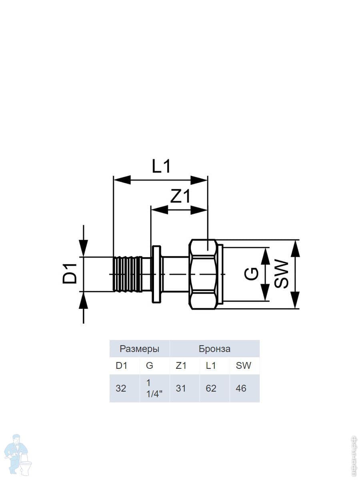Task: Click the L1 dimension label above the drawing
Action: click(x=161, y=166)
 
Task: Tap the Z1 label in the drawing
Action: click(x=180, y=196)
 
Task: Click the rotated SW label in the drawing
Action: click(x=281, y=274)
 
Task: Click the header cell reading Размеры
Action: click(x=140, y=349)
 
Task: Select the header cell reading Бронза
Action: click(x=214, y=349)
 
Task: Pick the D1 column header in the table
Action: click(x=122, y=366)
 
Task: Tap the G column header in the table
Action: click(x=150, y=366)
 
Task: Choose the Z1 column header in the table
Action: click(x=181, y=366)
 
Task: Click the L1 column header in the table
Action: click(x=211, y=366)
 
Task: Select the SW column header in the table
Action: click(x=244, y=366)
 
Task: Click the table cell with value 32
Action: click(x=121, y=388)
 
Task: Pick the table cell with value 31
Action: click(x=181, y=388)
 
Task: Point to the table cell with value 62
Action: click(x=211, y=388)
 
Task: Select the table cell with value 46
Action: click(x=241, y=388)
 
